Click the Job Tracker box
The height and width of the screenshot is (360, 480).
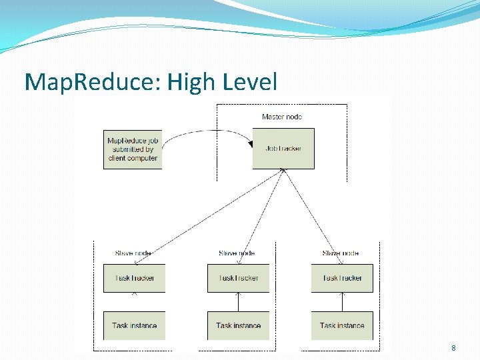(x=283, y=148)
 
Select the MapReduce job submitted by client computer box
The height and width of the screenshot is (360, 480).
(x=132, y=149)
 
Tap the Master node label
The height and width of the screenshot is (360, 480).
(x=282, y=117)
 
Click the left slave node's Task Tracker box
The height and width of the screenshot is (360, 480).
(x=134, y=278)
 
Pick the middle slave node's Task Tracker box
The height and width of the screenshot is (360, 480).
(x=238, y=278)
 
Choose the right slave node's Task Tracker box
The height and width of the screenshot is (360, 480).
(x=342, y=278)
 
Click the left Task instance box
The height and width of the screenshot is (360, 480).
(x=134, y=325)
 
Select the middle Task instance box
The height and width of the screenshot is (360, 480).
(x=238, y=325)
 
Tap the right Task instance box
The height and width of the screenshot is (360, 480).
(x=342, y=325)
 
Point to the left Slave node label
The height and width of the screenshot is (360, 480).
(x=133, y=253)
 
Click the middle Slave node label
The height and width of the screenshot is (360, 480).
(x=237, y=253)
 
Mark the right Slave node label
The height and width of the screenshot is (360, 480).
(x=341, y=253)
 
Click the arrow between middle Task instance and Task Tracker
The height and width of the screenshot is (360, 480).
(x=238, y=302)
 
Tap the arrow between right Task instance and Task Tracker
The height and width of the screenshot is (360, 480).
(x=342, y=302)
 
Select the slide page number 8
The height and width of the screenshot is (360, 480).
(x=453, y=348)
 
